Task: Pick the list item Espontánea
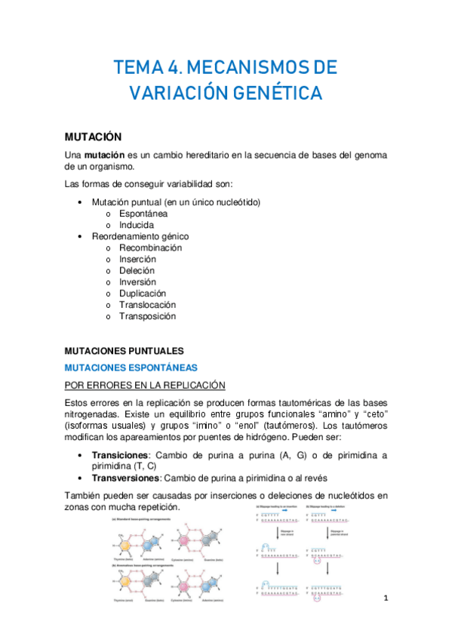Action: coord(143,214)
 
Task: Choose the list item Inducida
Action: coord(137,225)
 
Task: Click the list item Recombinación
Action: coord(150,248)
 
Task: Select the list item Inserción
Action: coord(138,259)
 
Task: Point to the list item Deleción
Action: coord(137,270)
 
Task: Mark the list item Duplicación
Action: coord(143,293)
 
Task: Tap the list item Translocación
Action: coord(147,304)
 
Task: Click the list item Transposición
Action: coord(147,315)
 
